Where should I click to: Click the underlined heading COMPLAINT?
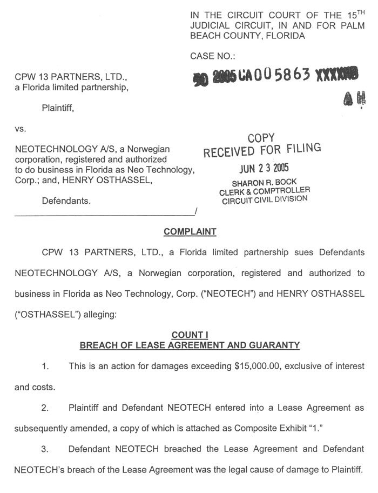pyautogui.click(x=190, y=232)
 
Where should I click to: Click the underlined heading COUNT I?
pyautogui.click(x=190, y=335)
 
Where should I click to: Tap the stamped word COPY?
pyautogui.click(x=261, y=138)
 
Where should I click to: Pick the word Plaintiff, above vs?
pyautogui.click(x=58, y=108)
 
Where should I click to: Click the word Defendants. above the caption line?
pyautogui.click(x=66, y=201)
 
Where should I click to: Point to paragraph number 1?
pyautogui.click(x=45, y=367)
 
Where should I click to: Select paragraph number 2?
pyautogui.click(x=45, y=407)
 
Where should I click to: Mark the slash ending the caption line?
pyautogui.click(x=195, y=211)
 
